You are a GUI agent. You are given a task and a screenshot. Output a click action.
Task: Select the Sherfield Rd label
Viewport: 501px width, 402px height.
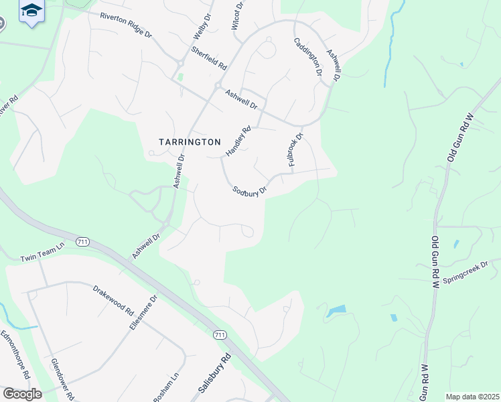coord(208,58)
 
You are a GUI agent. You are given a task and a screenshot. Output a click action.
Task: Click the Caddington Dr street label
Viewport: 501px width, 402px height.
coord(308,57)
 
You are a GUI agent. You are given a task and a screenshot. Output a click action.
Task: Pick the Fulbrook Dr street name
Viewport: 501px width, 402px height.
coord(295,149)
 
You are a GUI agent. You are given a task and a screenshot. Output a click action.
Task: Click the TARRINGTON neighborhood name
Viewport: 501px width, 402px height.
coord(190,142)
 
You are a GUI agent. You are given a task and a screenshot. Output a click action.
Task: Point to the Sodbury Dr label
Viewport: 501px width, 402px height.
coord(250,190)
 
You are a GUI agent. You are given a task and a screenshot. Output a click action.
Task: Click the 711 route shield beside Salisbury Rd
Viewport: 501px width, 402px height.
coord(219,335)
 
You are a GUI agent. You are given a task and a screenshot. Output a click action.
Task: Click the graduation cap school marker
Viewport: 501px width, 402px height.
coord(31,11)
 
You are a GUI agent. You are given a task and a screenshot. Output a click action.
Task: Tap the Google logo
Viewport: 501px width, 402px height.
coord(21,394)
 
